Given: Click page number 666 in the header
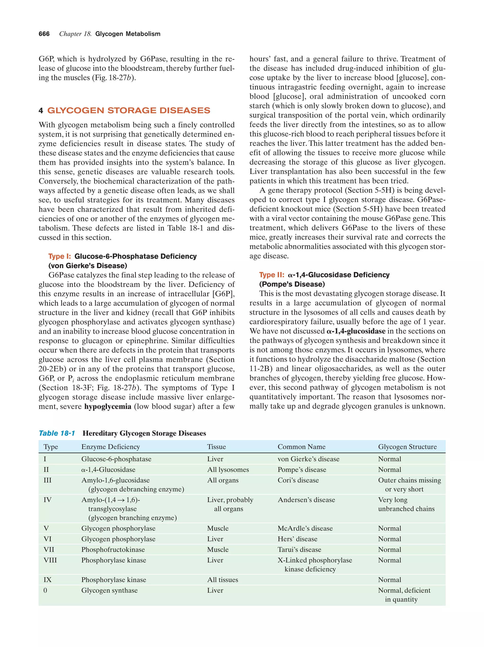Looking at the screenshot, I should pos(44,34).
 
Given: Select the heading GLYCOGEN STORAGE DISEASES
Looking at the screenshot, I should pos(129,110).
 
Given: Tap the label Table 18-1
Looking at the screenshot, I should pos(57,433).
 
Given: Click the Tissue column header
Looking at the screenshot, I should pos(216,447).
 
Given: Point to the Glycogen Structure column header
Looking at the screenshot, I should pos(407,447).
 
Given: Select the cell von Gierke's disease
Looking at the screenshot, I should pos(308,459).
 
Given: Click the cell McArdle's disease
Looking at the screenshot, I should pos(305,528).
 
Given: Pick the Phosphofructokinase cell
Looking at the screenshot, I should pos(113,549).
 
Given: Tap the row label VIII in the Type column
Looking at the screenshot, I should pos(50,560).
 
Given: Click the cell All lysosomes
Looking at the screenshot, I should pos(228,469).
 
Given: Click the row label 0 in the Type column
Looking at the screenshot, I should pos(45,590).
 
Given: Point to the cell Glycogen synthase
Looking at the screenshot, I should pos(109,590).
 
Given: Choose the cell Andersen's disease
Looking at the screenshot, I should pos(306,499).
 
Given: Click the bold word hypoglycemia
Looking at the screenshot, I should pos(108,406).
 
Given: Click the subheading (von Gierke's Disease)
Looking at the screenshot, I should pos(87,266).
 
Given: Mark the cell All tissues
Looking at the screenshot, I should pos(223,580).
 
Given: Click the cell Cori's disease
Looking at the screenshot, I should pos(298,480).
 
